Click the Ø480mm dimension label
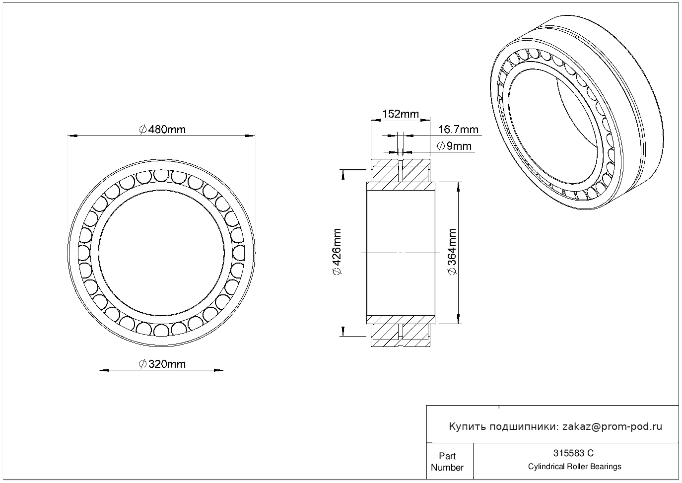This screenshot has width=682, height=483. [x=162, y=130]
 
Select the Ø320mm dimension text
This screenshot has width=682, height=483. [x=162, y=364]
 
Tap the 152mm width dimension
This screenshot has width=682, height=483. [x=400, y=114]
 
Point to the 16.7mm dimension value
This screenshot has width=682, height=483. [x=458, y=130]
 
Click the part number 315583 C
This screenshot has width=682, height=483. [x=573, y=453]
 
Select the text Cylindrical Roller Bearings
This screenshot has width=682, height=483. [x=574, y=467]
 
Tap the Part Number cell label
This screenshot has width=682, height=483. [x=447, y=462]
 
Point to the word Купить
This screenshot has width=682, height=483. [x=467, y=426]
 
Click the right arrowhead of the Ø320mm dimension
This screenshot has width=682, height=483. [x=220, y=370]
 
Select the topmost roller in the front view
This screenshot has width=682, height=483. [x=161, y=176]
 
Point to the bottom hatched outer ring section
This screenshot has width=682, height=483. [x=400, y=336]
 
